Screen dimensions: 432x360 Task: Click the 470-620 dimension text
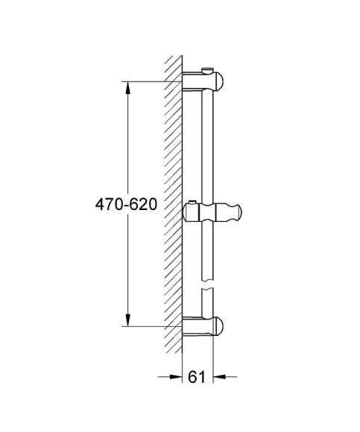coord(125,204)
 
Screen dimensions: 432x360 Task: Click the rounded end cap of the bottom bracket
coord(223,325)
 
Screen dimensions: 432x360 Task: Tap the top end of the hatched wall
coord(173,58)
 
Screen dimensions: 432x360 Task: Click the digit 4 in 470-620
coord(98,204)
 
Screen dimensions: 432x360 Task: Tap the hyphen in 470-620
coord(125,205)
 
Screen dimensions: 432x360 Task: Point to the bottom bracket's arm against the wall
coord(195,325)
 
